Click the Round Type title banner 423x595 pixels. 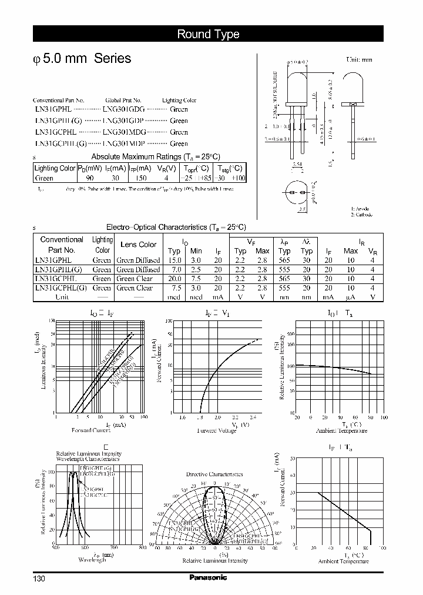pyautogui.click(x=209, y=34)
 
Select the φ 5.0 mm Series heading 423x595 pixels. pyautogui.click(x=82, y=59)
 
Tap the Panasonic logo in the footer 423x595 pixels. pyautogui.click(x=208, y=577)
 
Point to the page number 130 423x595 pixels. pyautogui.click(x=39, y=579)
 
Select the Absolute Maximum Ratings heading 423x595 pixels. pyautogui.click(x=156, y=156)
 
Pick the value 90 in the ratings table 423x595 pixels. pyautogui.click(x=89, y=178)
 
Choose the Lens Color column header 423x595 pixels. pyautogui.click(x=138, y=245)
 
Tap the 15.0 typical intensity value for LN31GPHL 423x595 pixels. pyautogui.click(x=174, y=260)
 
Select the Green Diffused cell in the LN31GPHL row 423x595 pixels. pyautogui.click(x=138, y=260)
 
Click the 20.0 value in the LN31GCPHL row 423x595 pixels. pyautogui.click(x=174, y=279)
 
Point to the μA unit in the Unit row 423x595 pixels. pyautogui.click(x=351, y=297)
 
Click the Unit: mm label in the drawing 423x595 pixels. pyautogui.click(x=359, y=60)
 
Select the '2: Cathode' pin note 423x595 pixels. pyautogui.click(x=362, y=215)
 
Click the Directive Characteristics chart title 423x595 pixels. pyautogui.click(x=214, y=473)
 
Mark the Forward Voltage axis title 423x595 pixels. pyautogui.click(x=217, y=430)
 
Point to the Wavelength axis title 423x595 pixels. pyautogui.click(x=92, y=560)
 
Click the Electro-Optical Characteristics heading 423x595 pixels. pyautogui.click(x=176, y=227)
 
